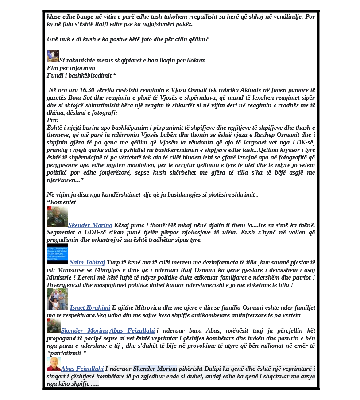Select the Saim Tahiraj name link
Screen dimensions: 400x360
tap(86, 263)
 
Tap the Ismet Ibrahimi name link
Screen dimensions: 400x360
tap(90, 307)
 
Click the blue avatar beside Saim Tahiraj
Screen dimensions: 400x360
tap(58, 254)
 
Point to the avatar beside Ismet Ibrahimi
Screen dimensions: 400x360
tap(58, 299)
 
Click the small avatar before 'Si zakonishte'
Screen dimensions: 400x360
tap(53, 56)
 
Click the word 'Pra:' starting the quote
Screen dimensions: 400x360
tap(53, 120)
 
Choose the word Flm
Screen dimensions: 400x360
tap(52, 68)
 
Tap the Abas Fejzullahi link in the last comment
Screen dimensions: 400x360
tap(82, 369)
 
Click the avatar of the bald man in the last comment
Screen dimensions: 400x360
tap(54, 364)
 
